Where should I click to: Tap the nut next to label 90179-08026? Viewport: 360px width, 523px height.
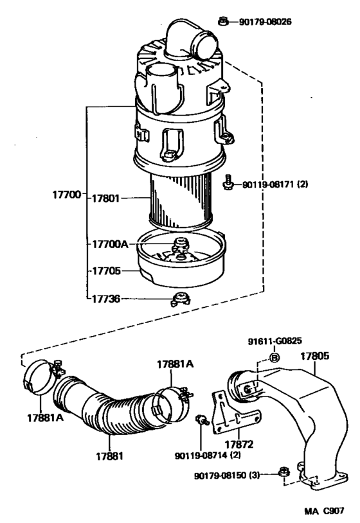(x=222, y=21)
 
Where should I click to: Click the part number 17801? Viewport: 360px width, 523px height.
(x=106, y=199)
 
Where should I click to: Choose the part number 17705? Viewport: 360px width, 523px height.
(x=106, y=271)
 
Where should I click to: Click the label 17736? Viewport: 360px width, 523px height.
(x=106, y=299)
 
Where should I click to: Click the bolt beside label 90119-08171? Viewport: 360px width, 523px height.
(x=228, y=184)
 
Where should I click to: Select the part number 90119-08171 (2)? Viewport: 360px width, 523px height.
(x=275, y=184)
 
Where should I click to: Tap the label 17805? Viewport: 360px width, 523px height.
(x=314, y=353)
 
